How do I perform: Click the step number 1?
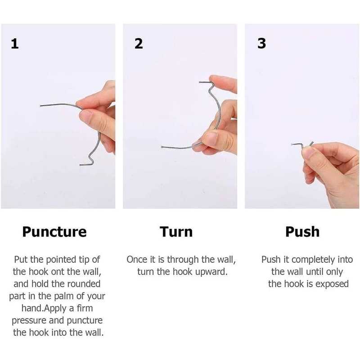15,44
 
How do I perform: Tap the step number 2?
139,44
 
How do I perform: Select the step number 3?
261,44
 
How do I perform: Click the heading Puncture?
54,232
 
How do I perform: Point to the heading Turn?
176,232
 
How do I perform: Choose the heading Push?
302,232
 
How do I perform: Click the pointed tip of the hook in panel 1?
41,106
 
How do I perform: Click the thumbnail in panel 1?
86,117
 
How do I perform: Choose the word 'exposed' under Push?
333,284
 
